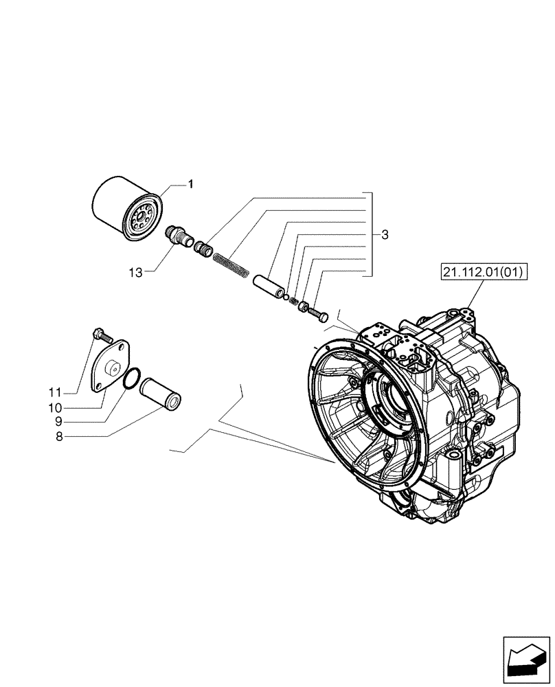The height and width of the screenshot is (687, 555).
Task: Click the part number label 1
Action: pos(191,184)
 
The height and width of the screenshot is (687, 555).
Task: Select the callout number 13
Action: pos(135,273)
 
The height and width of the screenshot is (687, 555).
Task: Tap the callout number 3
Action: pos(385,235)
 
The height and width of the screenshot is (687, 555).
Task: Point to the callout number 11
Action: pos(74,392)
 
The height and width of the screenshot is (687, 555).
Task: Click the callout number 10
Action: pos(74,407)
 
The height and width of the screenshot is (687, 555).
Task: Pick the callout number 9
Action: pos(78,422)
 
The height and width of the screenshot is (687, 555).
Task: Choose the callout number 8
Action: pos(78,436)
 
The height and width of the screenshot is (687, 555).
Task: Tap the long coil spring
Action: pos(231,264)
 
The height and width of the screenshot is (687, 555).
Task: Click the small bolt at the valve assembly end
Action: pos(321,314)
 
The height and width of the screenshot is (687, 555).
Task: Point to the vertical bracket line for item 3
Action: pos(372,234)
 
